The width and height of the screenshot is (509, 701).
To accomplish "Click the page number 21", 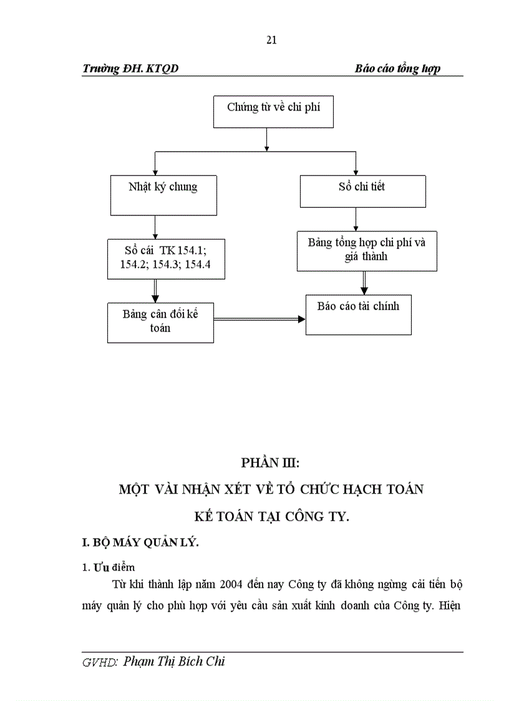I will pyautogui.click(x=271, y=41).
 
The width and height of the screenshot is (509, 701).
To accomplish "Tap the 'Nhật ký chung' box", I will pyautogui.click(x=163, y=194).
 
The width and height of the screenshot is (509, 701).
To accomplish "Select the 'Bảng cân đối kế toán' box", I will pyautogui.click(x=160, y=322).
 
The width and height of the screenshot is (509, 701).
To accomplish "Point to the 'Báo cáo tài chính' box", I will pyautogui.click(x=358, y=315).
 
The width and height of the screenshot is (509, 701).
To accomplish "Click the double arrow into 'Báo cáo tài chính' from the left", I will pyautogui.click(x=259, y=319).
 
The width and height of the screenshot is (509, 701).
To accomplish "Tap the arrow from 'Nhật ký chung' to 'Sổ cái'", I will pyautogui.click(x=154, y=227).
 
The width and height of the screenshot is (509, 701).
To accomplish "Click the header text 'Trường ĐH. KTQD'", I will pyautogui.click(x=130, y=69).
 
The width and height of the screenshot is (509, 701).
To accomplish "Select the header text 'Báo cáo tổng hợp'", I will pyautogui.click(x=397, y=69).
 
